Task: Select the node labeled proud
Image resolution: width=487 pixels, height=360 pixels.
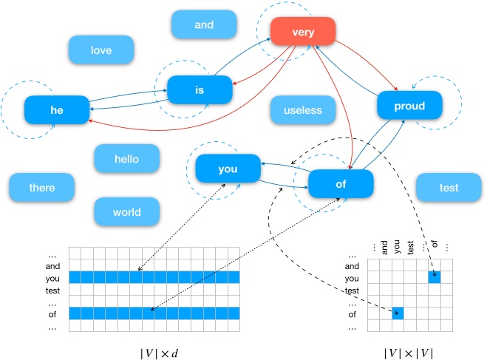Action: click(409, 106)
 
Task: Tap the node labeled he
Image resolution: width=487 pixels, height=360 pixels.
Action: click(57, 109)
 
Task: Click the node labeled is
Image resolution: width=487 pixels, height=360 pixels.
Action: click(199, 90)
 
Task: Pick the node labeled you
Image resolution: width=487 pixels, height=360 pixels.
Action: click(228, 169)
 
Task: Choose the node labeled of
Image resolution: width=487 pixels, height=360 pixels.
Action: click(341, 184)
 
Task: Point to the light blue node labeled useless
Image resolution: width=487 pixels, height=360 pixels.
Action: click(303, 110)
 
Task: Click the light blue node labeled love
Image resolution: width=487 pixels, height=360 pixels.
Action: click(101, 50)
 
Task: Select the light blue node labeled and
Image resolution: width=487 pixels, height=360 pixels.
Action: click(204, 24)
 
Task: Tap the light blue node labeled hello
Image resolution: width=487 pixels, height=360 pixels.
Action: click(126, 158)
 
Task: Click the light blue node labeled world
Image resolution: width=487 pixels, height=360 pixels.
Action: click(126, 212)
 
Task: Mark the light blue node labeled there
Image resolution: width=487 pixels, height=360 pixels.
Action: click(42, 188)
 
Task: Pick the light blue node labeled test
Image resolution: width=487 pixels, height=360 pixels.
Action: click(449, 188)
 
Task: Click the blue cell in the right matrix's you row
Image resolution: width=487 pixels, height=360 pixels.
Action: click(435, 277)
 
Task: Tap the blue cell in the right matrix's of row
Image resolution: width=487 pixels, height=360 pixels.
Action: click(398, 313)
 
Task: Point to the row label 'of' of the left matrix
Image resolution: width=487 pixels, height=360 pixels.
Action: click(52, 313)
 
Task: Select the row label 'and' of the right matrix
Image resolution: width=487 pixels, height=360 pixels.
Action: click(353, 265)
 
